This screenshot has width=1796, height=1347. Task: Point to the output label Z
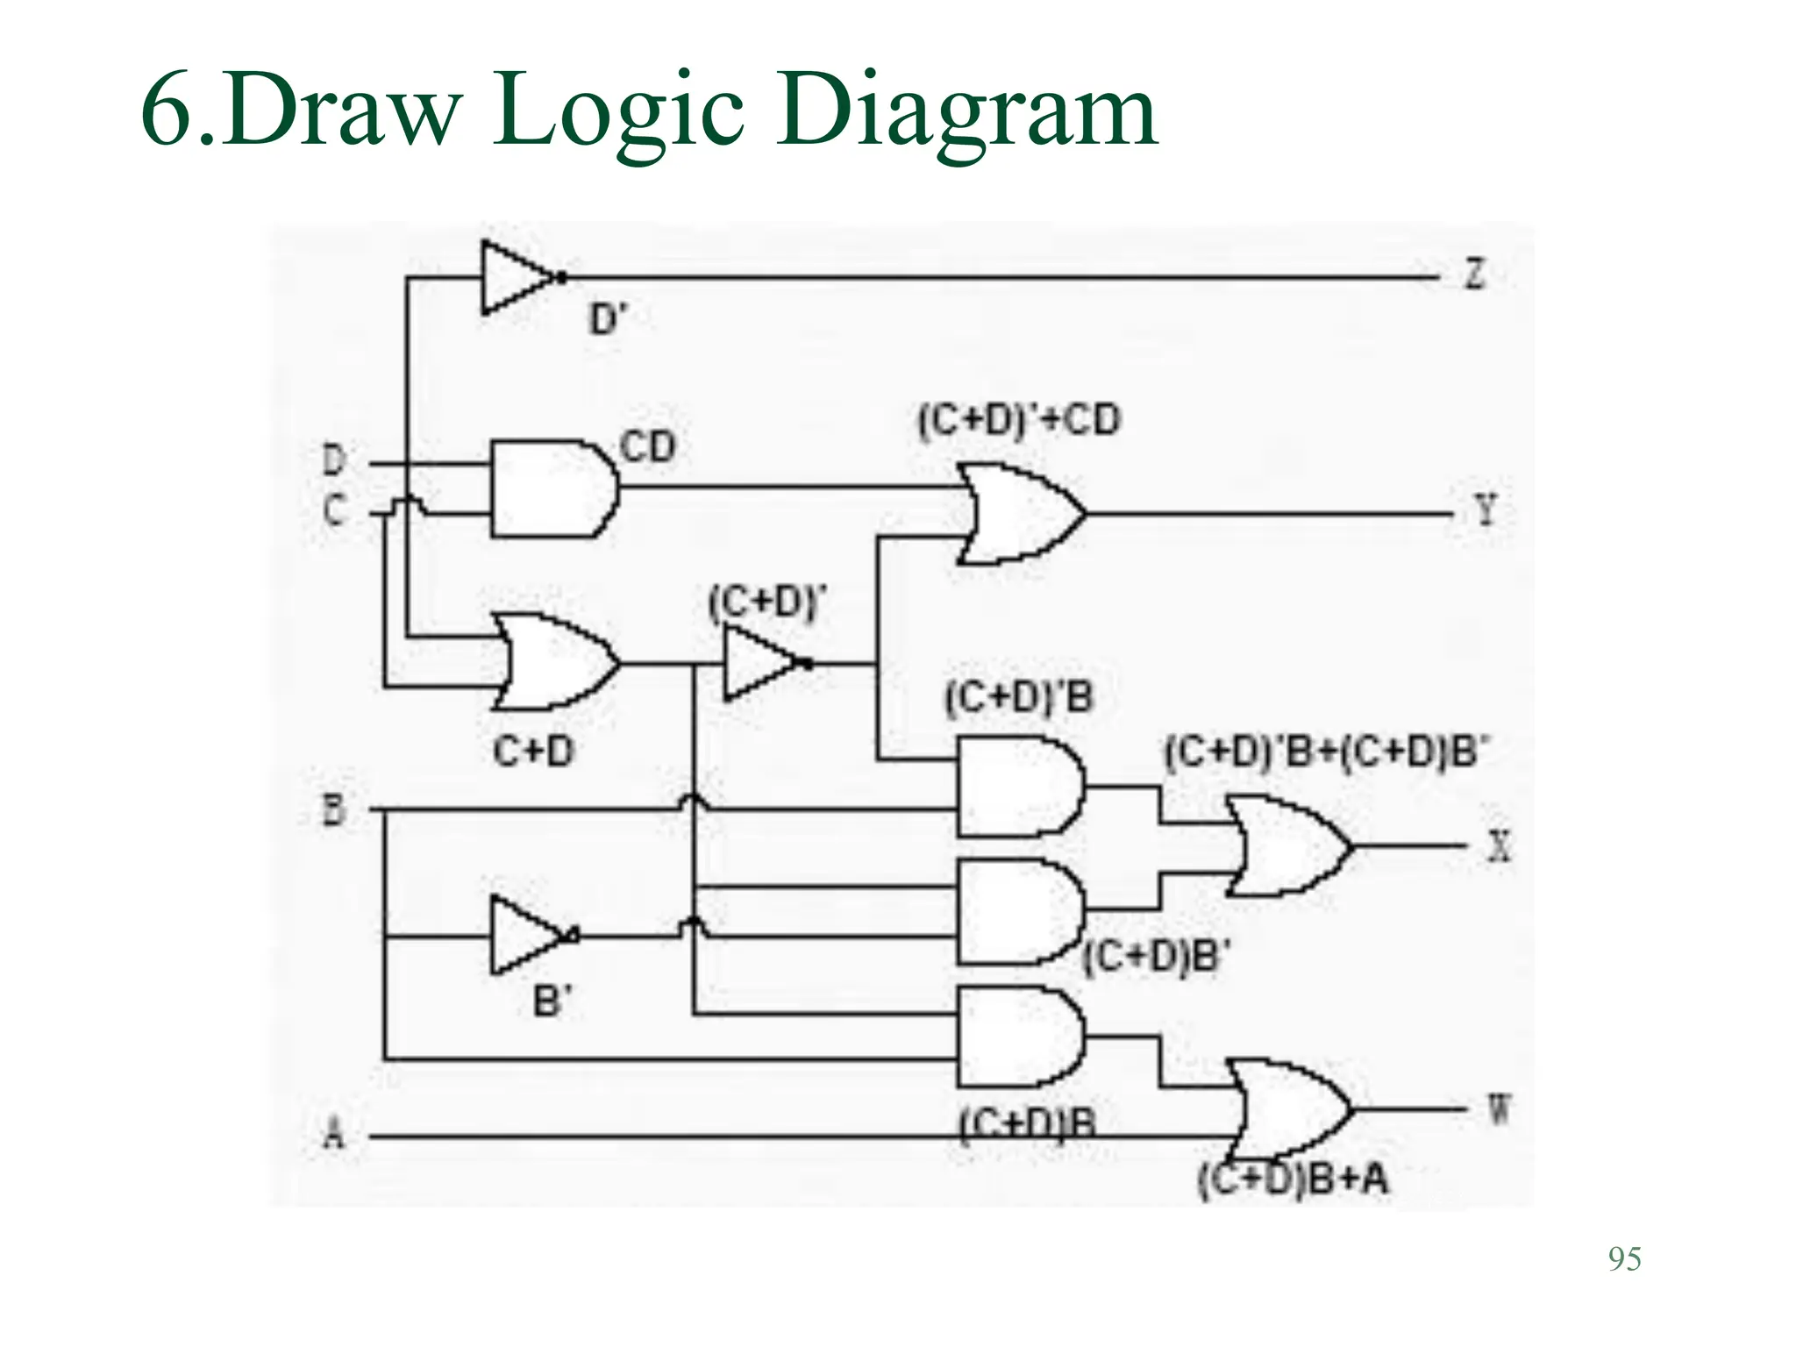tap(1475, 274)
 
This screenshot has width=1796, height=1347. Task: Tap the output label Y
tap(1485, 510)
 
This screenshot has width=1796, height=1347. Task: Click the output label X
tap(1500, 846)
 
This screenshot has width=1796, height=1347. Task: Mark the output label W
tap(1499, 1111)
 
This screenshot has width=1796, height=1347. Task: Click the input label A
tap(333, 1136)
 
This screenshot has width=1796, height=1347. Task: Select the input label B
tap(334, 809)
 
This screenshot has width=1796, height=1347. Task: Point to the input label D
tap(334, 460)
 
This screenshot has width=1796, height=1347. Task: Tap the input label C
tap(333, 510)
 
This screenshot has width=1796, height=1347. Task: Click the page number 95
tap(1624, 1259)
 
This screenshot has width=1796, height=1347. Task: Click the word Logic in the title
tap(617, 114)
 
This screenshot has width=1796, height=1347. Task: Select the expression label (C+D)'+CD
tap(1019, 420)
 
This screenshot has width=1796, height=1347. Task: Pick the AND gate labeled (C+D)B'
tap(1017, 912)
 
